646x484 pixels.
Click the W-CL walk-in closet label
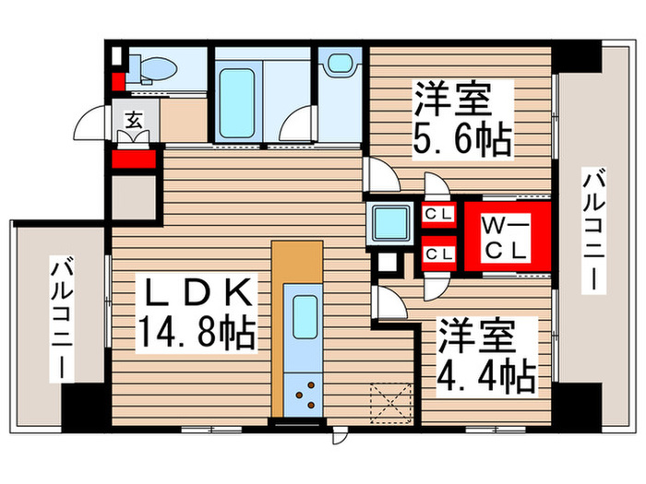[506, 236]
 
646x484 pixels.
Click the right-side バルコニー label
[593, 230]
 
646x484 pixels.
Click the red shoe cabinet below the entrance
[133, 159]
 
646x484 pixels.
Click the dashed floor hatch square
[389, 401]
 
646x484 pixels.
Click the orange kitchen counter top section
[298, 263]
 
